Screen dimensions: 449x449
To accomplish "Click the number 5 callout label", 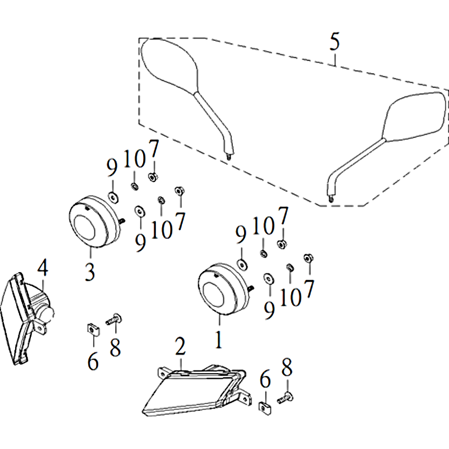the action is click(335, 42).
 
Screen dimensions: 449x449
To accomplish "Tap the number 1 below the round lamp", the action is click(219, 340).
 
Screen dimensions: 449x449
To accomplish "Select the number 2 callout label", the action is click(180, 346).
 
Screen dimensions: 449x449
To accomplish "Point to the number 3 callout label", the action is click(90, 272).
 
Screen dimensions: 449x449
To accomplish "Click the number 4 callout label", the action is click(43, 268).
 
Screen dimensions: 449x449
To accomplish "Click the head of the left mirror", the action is click(169, 66).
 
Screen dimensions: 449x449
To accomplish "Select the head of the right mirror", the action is click(414, 117).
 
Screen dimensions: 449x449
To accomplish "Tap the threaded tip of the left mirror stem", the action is click(228, 157).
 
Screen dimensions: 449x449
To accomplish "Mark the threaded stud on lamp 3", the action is click(121, 221).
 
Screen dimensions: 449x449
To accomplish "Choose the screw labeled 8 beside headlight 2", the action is click(286, 398).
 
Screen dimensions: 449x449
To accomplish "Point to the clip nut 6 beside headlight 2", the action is click(265, 409).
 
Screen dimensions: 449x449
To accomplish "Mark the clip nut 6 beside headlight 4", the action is click(93, 330).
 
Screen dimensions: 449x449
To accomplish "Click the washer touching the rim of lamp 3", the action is click(113, 198).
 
